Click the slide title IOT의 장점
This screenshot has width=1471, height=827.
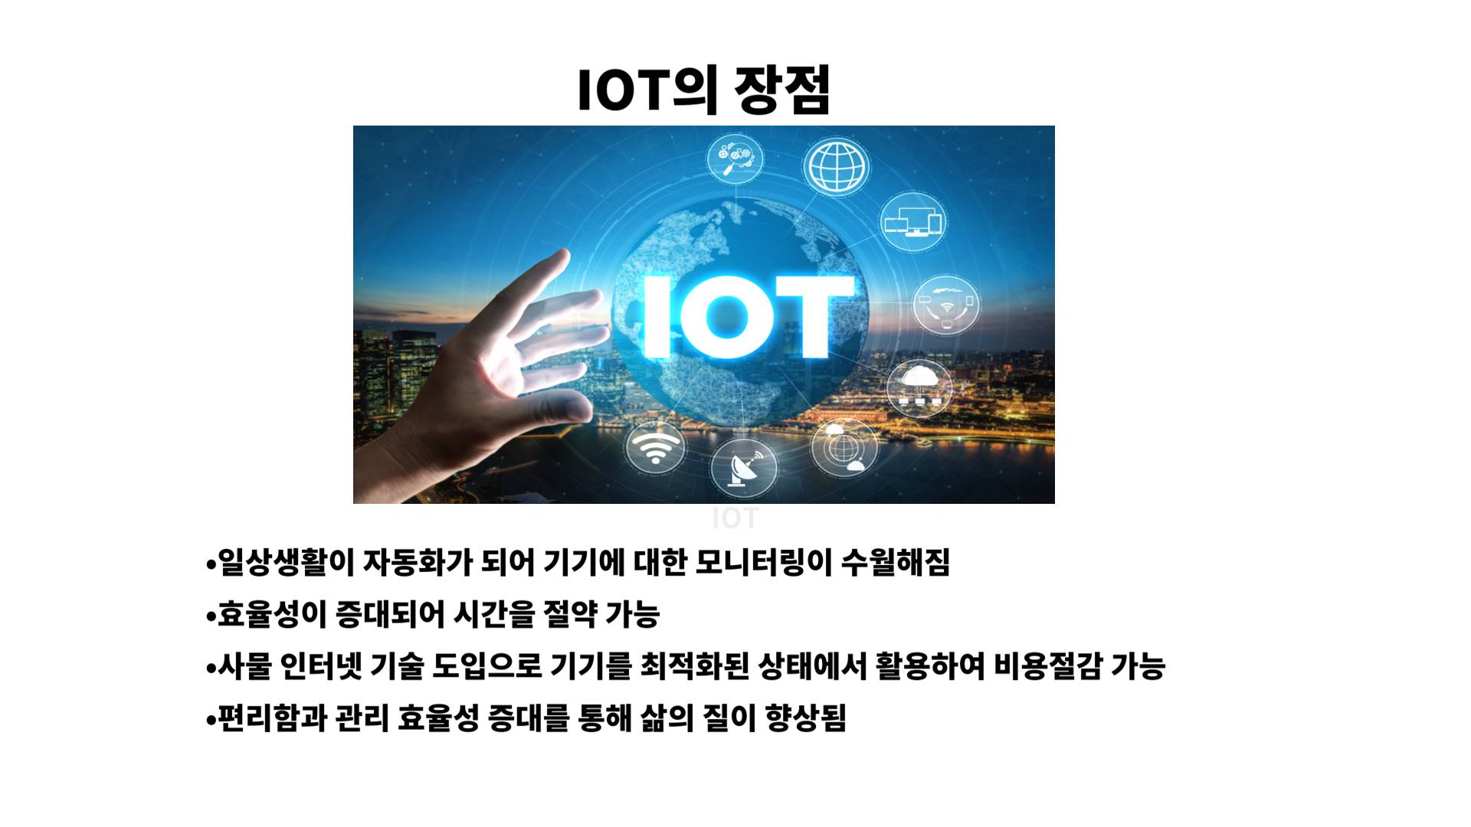point(703,90)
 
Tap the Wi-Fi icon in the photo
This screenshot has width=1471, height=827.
point(654,446)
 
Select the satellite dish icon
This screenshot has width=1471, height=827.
point(743,467)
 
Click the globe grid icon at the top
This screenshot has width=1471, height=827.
point(837,166)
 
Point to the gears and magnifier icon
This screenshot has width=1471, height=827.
point(734,159)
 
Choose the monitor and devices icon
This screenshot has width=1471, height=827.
point(912,222)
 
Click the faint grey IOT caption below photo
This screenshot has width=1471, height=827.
point(735,518)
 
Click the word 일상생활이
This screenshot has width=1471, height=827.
point(287,563)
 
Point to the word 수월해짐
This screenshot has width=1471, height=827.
point(896,563)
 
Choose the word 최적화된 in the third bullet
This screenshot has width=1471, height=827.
point(694,666)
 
